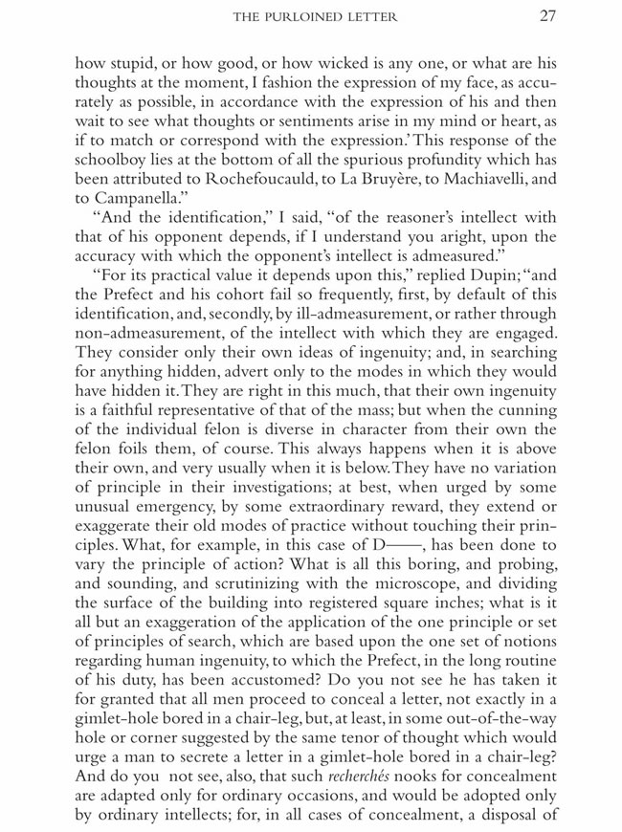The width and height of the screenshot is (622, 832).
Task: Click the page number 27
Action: coord(546,16)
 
